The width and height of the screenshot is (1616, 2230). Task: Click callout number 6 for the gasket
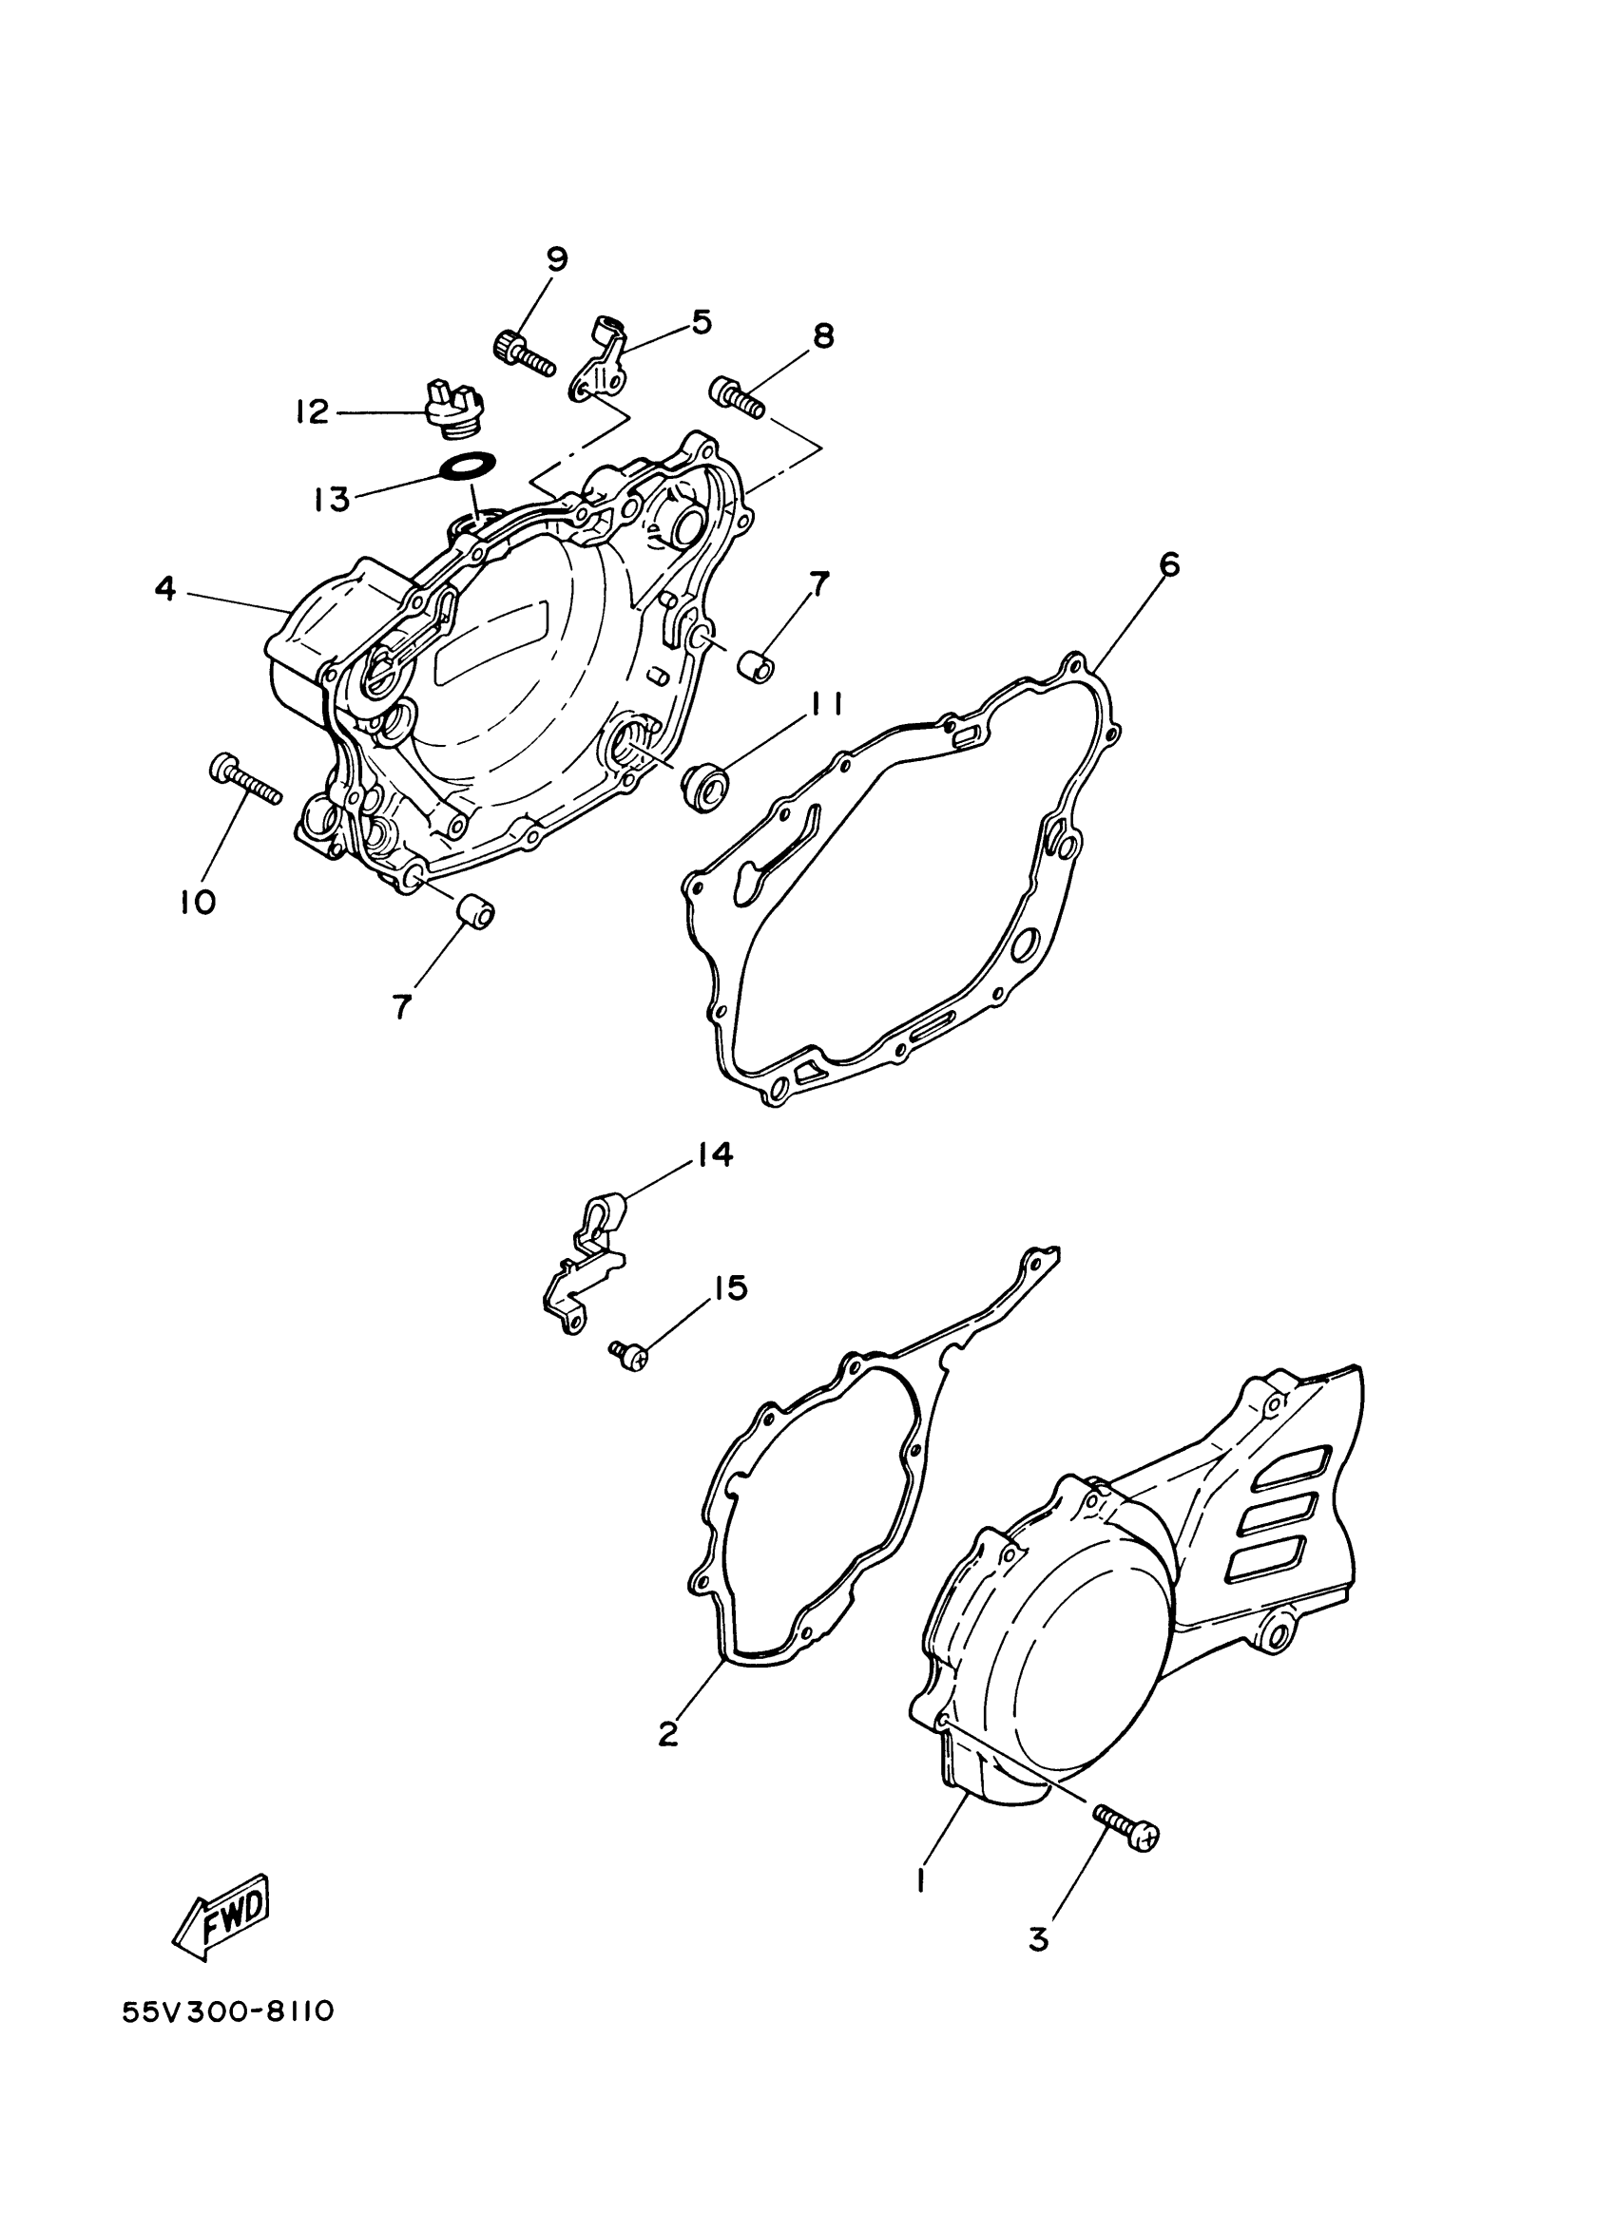tap(1168, 565)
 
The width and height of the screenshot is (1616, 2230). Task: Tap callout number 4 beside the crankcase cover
tap(165, 589)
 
